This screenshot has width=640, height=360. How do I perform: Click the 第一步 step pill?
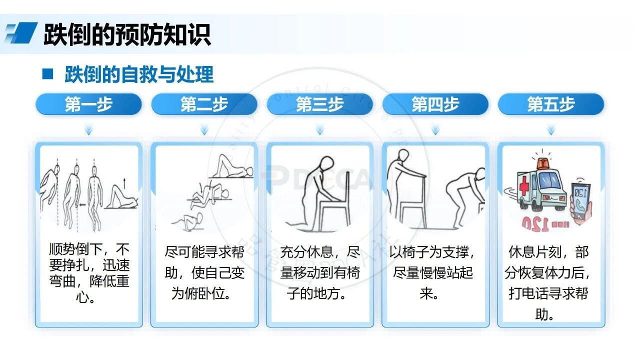(x=88, y=104)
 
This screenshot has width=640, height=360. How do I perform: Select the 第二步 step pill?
(x=204, y=104)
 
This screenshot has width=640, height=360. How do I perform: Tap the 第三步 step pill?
(x=319, y=104)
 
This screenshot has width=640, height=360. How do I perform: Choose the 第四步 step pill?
(x=435, y=104)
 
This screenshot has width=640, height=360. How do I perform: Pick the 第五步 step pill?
(x=551, y=104)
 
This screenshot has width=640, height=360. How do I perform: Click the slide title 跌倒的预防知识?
(x=127, y=35)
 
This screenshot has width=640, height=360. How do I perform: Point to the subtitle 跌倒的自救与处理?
(x=139, y=74)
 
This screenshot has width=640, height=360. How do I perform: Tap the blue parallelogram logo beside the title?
(x=21, y=32)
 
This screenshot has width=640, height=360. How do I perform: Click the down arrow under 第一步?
(x=89, y=130)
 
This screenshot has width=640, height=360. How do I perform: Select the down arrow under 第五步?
(x=551, y=130)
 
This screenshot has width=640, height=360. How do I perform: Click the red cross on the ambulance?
(x=524, y=185)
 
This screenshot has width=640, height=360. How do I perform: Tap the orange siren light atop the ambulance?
(x=542, y=163)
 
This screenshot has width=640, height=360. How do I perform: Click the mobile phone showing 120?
(x=581, y=201)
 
